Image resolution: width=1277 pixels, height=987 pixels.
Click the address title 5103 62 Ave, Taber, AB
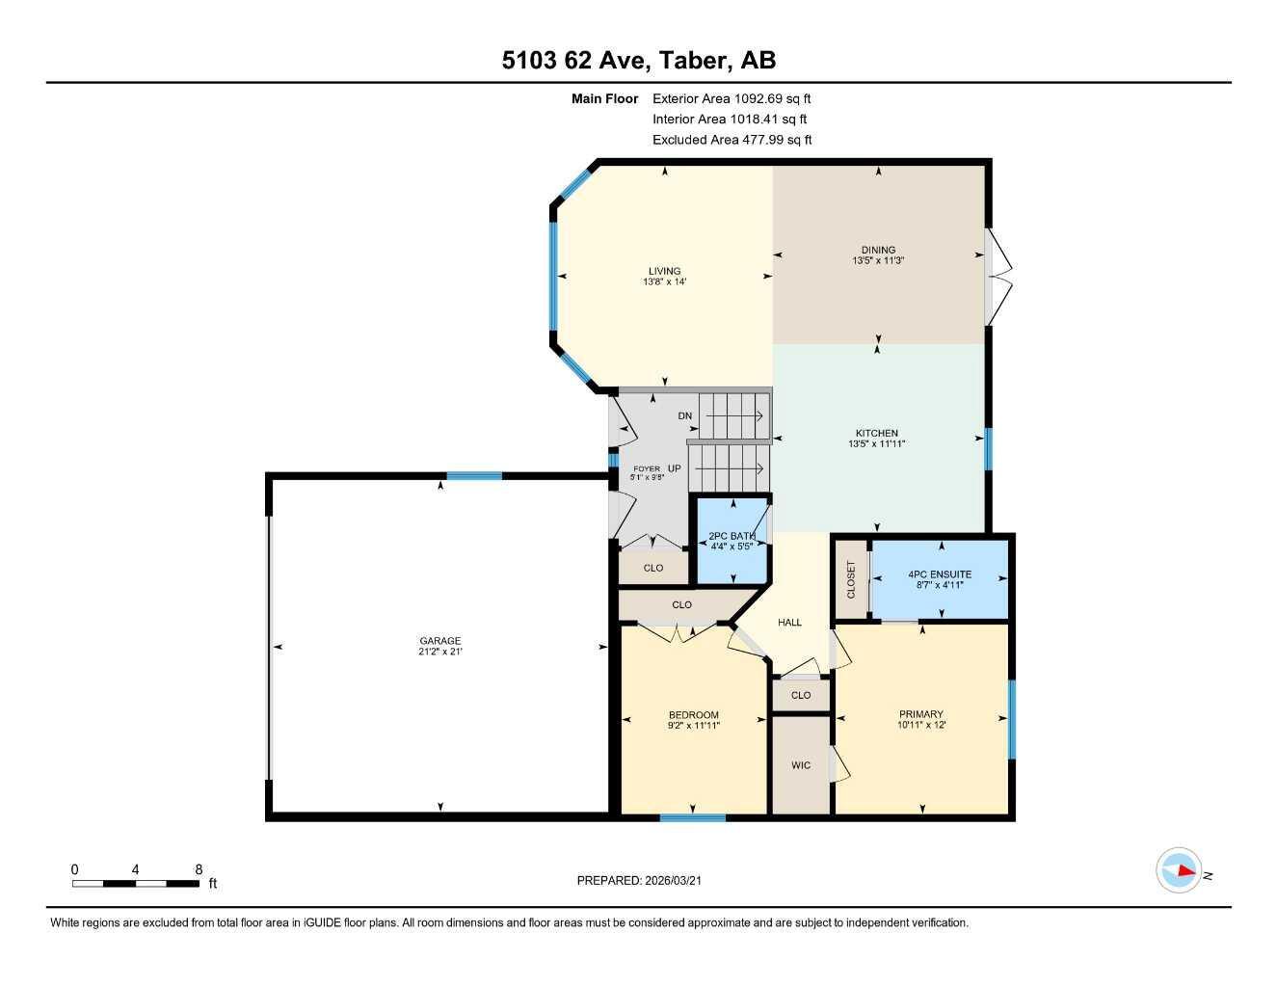click(x=638, y=61)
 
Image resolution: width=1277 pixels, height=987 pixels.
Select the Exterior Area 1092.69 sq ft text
click(x=732, y=98)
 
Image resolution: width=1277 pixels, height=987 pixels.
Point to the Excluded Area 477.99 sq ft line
click(x=732, y=140)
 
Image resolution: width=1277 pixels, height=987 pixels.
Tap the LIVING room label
click(x=664, y=271)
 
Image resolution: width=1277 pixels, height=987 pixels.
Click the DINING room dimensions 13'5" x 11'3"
click(x=878, y=261)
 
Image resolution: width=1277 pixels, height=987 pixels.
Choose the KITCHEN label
click(x=877, y=434)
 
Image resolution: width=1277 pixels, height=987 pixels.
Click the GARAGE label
click(x=439, y=641)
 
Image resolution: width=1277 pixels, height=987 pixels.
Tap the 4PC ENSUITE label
click(x=940, y=574)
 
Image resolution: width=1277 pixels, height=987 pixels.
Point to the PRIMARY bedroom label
click(x=921, y=714)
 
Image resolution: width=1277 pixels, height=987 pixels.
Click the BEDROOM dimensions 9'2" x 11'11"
click(x=694, y=726)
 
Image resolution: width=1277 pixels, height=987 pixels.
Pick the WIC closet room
click(x=801, y=765)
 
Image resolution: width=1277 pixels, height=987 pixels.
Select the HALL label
click(x=789, y=623)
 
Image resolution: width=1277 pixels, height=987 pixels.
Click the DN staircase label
click(x=685, y=416)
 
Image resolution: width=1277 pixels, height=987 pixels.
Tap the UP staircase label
click(x=675, y=468)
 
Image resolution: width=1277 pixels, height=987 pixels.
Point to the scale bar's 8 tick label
click(x=198, y=869)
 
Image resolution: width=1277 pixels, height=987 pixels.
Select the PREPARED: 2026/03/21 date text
click(x=646, y=880)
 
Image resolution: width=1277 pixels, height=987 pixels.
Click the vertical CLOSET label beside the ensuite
click(x=851, y=579)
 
